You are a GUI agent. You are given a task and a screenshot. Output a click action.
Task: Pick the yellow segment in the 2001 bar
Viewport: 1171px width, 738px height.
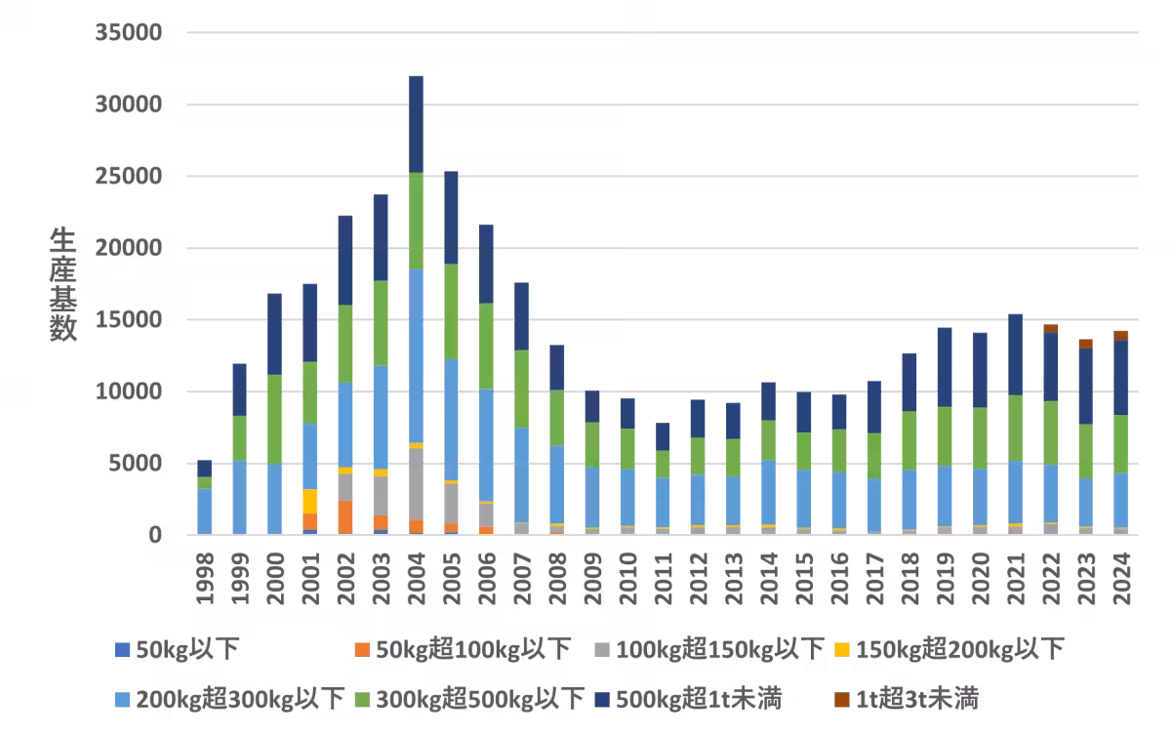pos(310,501)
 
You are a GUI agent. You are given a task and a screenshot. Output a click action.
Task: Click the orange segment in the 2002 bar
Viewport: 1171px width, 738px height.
pos(345,516)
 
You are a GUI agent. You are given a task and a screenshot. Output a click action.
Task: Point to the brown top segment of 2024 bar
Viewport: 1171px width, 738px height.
pos(1121,335)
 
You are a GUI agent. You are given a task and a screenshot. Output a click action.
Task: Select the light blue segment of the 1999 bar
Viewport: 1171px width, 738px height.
pos(240,497)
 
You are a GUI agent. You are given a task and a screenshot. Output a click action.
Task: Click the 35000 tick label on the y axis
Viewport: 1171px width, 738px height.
pos(127,33)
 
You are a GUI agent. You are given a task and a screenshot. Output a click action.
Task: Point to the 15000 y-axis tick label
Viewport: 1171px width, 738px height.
pos(127,320)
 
